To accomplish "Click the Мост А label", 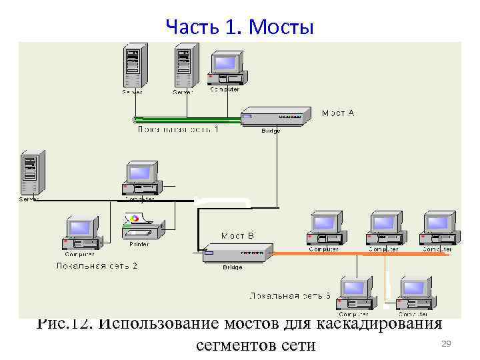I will [x=338, y=113].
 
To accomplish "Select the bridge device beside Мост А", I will [x=275, y=116].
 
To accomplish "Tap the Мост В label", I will [x=237, y=235].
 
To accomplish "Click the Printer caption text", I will [x=139, y=244].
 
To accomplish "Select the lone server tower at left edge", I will [x=30, y=171].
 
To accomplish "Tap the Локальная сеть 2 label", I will [x=97, y=265].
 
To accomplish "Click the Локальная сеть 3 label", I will [x=290, y=295].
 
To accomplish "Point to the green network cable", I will [x=187, y=120].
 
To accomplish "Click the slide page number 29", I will [x=447, y=343].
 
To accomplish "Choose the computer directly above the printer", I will [x=141, y=177].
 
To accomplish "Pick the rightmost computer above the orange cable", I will [x=438, y=229].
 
